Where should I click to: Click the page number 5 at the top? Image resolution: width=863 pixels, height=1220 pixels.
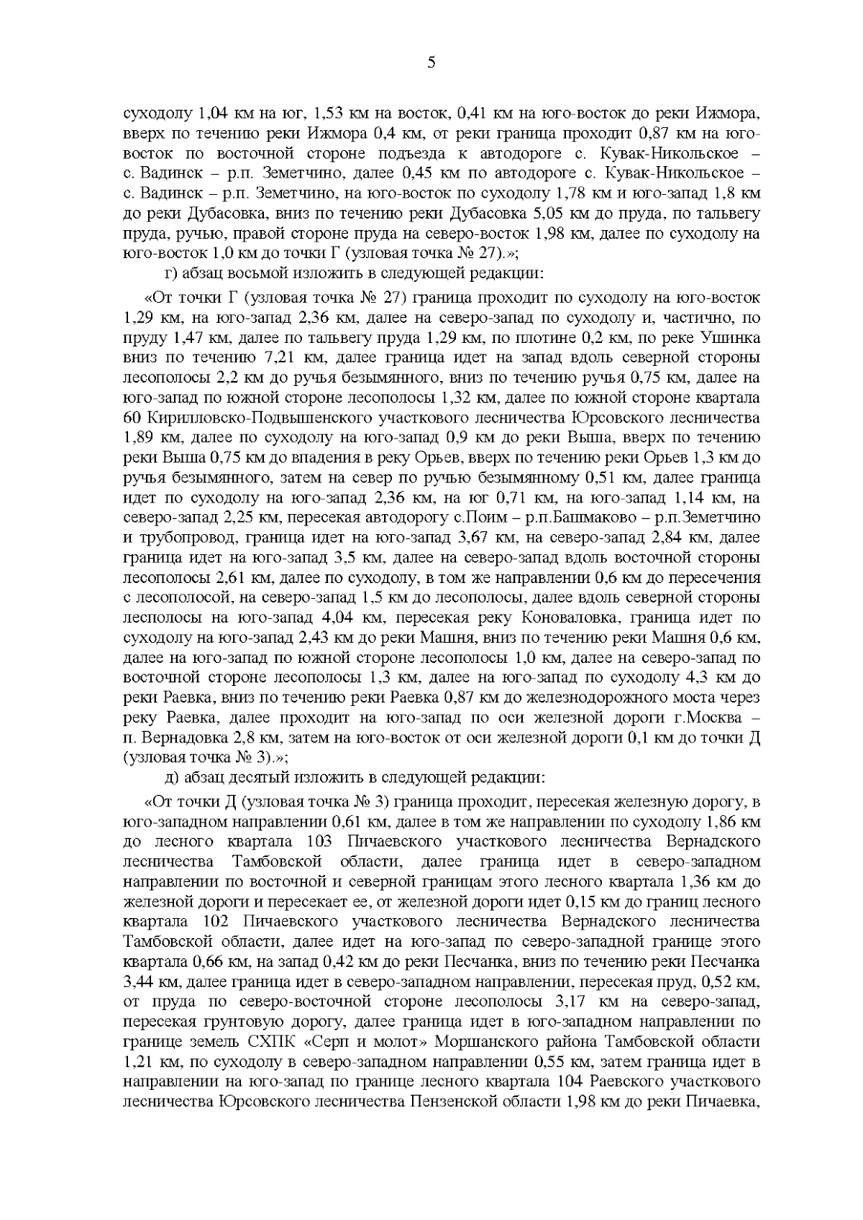[431, 63]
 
